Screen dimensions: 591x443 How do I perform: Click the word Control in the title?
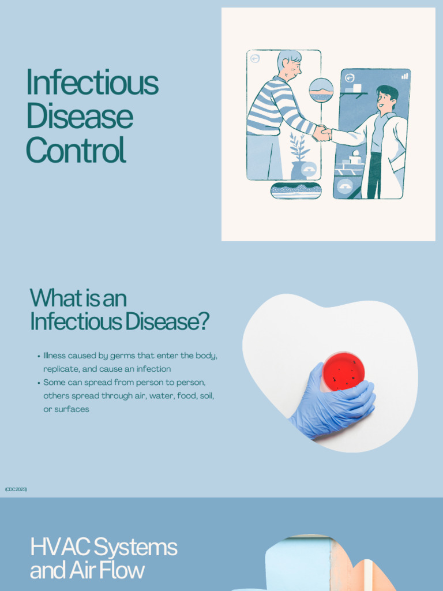76,150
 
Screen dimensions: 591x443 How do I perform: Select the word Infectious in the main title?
92,83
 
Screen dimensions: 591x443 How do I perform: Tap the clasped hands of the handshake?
322,134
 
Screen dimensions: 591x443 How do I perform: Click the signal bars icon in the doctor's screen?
404,76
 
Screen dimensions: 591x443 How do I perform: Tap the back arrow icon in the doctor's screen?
350,78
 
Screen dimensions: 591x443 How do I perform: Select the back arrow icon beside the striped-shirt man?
255,58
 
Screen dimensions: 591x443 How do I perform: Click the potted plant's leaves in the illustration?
299,147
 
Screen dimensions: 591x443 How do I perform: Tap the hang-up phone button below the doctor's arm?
345,186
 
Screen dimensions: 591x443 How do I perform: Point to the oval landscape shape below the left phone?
295,190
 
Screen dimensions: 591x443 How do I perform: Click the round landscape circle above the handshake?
321,91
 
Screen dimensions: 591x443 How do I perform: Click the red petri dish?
343,372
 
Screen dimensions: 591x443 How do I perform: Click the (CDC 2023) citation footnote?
16,489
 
